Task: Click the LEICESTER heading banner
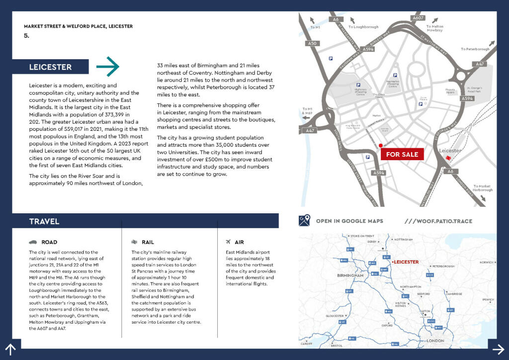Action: coord(51,67)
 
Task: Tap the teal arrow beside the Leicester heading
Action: coord(108,67)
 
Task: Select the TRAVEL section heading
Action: coord(44,221)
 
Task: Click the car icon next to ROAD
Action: coord(33,242)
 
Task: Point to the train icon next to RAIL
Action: coord(134,242)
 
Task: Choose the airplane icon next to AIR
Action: coord(228,242)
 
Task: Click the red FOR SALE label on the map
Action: coord(402,154)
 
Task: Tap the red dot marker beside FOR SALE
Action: coord(380,146)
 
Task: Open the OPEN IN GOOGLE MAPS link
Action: coord(349,221)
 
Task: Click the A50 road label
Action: coord(312,44)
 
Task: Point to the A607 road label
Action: coord(418,18)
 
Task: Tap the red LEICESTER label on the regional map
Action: coord(406,262)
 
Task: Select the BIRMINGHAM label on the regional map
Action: coord(350,275)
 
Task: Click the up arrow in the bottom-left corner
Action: coord(10,350)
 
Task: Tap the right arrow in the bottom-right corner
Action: coord(498,348)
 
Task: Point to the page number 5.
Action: coord(26,36)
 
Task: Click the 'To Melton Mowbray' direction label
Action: coord(434,28)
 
